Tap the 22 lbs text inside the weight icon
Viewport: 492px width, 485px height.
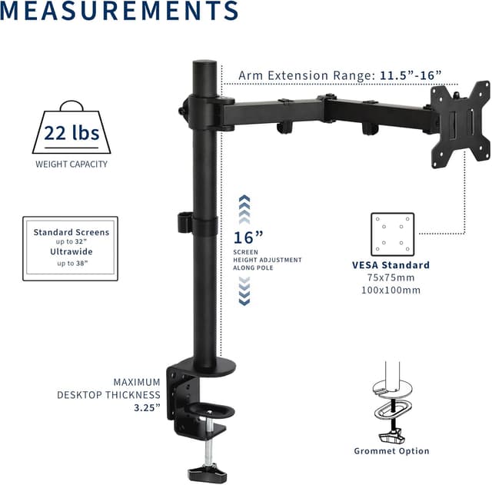(71, 133)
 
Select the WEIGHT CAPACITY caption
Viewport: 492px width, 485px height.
(71, 164)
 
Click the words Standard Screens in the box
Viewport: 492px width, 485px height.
(71, 232)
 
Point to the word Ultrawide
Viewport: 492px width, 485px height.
(71, 251)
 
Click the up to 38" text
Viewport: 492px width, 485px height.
(71, 263)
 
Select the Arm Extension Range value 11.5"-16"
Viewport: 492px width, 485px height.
(410, 75)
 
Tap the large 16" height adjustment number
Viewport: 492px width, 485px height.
(248, 238)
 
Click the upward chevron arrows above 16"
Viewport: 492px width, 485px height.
(244, 207)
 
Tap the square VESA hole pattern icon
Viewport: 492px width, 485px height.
(391, 234)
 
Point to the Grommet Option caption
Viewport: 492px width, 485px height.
(391, 451)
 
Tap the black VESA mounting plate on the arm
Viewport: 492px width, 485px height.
(459, 123)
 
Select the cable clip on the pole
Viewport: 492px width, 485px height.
(183, 221)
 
